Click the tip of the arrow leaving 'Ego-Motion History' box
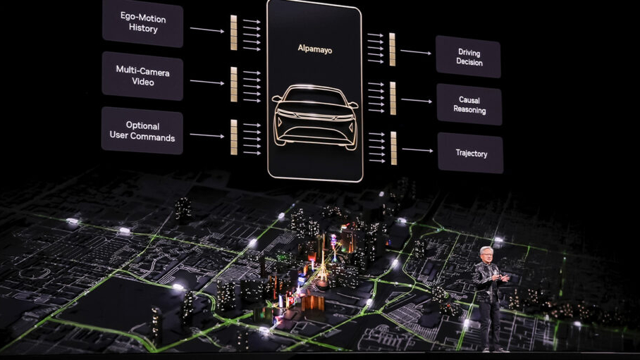(224, 31)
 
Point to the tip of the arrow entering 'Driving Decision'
(431, 53)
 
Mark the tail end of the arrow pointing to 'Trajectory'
(402, 149)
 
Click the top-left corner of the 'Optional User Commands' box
(102, 107)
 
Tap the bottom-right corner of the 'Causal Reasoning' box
(501, 125)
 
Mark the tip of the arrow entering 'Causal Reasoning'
(432, 101)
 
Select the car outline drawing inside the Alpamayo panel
(314, 117)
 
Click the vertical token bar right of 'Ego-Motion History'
(233, 32)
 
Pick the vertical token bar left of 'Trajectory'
(393, 148)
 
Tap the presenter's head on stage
(486, 254)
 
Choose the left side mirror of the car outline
(277, 99)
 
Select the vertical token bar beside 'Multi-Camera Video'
(233, 84)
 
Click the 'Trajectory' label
(472, 154)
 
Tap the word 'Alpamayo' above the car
(314, 49)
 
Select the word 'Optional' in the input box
(142, 125)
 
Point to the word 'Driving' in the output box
(469, 53)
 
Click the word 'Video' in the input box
(143, 82)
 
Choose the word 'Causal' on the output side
(469, 99)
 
